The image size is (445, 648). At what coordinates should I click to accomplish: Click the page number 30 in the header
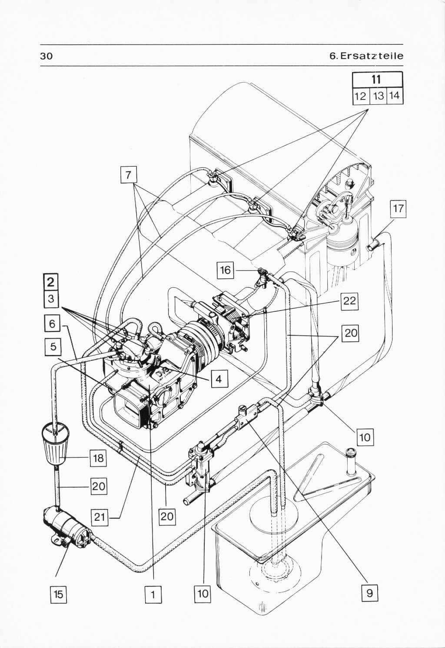46,56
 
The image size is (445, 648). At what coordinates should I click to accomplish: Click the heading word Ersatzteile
372,56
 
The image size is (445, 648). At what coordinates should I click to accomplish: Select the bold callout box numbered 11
377,79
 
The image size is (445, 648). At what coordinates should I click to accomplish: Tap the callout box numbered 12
360,96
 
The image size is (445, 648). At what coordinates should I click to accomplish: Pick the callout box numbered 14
395,95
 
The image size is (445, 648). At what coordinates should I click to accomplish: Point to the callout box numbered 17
398,208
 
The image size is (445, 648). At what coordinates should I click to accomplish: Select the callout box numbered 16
226,271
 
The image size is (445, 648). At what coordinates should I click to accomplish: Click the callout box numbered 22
349,301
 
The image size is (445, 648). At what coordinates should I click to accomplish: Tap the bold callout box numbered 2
51,282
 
